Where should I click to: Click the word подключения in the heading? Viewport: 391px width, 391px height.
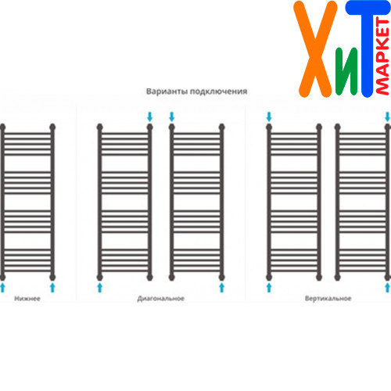(218, 91)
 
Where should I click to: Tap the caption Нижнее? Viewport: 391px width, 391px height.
(27, 299)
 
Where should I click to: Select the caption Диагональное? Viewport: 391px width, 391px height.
(161, 299)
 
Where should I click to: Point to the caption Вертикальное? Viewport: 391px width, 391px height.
(328, 299)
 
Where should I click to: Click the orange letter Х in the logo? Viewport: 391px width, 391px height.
(315, 49)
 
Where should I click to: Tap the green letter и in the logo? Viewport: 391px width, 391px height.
(346, 71)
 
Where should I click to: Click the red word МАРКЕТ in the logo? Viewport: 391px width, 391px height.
(382, 56)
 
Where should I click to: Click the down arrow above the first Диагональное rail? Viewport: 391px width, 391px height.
(149, 117)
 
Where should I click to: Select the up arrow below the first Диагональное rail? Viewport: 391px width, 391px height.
(99, 288)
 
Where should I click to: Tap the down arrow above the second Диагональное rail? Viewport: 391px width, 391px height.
(171, 117)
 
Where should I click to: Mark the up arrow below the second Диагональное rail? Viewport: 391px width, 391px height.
(222, 288)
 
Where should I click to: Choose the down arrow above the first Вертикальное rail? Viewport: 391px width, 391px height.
(269, 117)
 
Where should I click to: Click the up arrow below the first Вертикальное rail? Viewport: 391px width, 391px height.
(269, 288)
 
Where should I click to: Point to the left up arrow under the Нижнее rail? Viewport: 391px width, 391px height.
(2, 288)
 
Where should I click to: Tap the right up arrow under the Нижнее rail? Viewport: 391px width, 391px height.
(52, 288)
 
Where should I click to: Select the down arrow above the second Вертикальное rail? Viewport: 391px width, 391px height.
(388, 117)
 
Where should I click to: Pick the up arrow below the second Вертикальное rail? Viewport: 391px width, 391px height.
(388, 288)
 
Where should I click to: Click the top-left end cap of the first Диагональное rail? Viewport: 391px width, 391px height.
(99, 127)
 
